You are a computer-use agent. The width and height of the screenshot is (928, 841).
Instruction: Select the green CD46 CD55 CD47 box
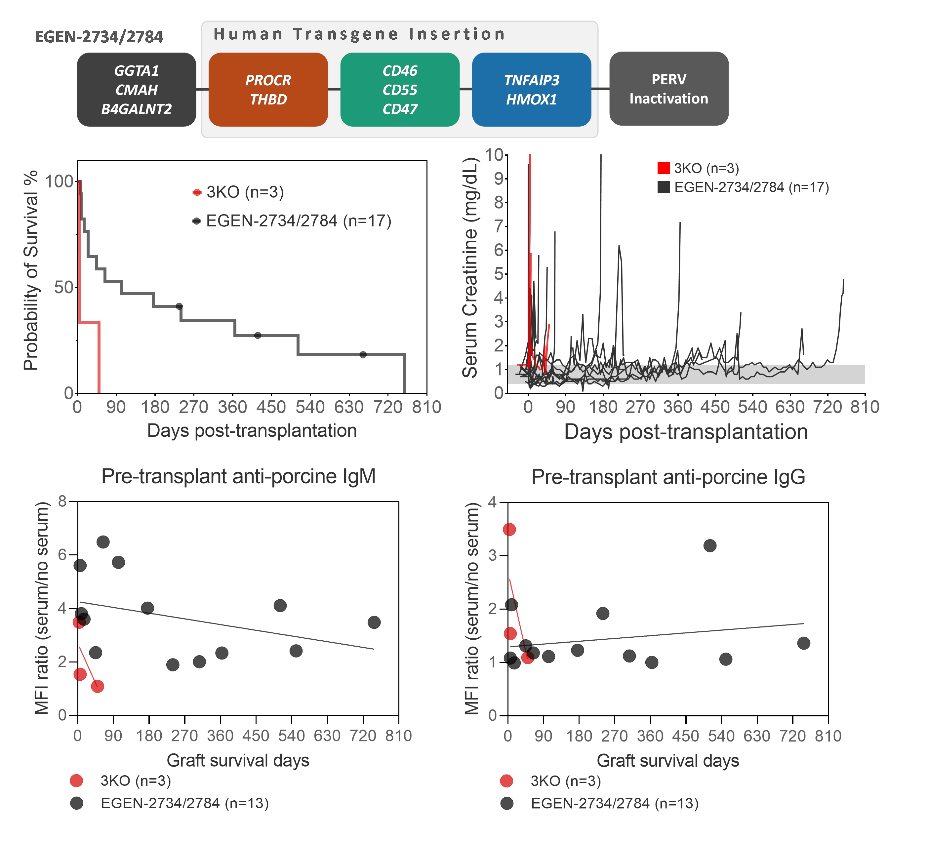click(x=400, y=90)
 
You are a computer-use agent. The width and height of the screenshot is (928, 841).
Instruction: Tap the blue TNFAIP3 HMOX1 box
click(x=531, y=90)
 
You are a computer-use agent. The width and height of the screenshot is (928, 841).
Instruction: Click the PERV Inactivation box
click(x=668, y=89)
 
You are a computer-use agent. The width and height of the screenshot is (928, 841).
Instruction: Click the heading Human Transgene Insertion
click(x=359, y=34)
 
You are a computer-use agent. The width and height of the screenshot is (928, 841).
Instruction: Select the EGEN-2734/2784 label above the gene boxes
click(x=99, y=37)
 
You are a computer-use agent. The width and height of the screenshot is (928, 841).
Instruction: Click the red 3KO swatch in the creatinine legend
click(x=663, y=169)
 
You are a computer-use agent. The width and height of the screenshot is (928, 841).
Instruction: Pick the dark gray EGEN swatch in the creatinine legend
click(x=663, y=187)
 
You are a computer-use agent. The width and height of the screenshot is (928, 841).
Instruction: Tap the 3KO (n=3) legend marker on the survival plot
click(x=197, y=192)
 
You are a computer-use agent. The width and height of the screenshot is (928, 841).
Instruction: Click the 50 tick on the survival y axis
click(x=63, y=287)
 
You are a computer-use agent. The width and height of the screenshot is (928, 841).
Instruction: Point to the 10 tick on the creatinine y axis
click(x=494, y=155)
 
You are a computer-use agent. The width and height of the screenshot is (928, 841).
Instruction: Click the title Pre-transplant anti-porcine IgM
click(x=238, y=476)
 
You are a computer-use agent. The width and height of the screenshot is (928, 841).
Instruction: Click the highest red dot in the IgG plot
click(x=509, y=529)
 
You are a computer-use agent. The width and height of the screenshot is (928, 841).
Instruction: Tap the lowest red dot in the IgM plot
click(x=97, y=686)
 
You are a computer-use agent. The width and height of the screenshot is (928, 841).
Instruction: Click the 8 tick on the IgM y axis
click(x=62, y=501)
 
